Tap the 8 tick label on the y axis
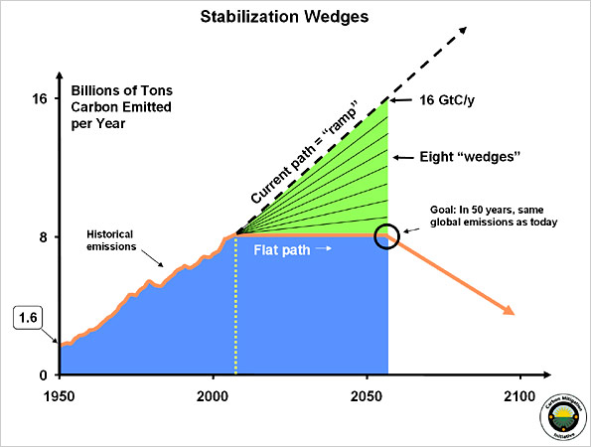click(x=41, y=237)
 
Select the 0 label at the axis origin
click(x=41, y=375)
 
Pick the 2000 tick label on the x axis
click(x=212, y=393)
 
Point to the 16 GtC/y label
click(x=446, y=100)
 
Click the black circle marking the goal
click(x=387, y=236)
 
